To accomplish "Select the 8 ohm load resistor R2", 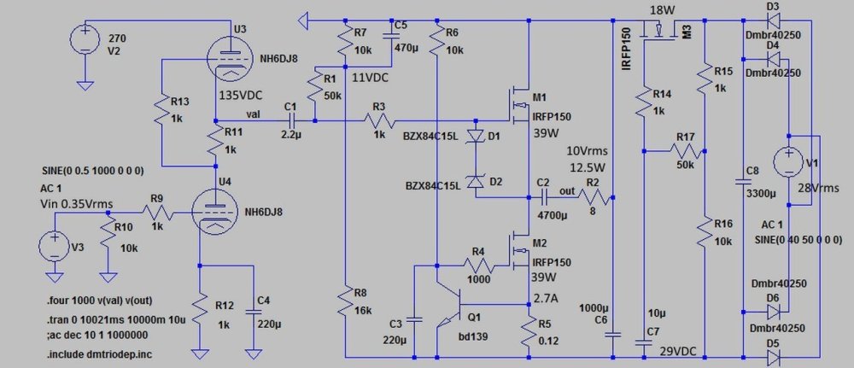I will (x=596, y=196).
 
